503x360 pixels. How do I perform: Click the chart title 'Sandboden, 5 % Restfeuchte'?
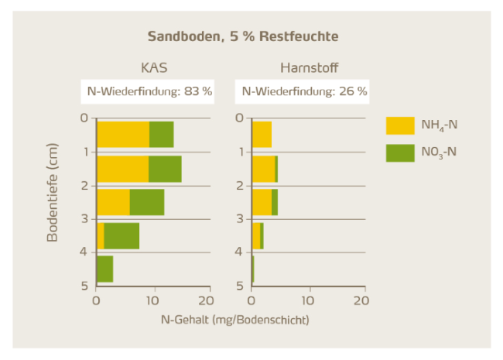243,36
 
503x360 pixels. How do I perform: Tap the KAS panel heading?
154,67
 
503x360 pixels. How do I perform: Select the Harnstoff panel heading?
310,67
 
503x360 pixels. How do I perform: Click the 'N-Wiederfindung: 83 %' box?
148,91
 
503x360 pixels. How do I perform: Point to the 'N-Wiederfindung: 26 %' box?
304,91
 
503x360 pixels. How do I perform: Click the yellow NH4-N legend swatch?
400,126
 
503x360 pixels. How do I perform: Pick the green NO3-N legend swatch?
400,152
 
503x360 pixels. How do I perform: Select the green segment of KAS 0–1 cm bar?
161,135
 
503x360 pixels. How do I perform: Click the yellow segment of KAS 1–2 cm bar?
122,169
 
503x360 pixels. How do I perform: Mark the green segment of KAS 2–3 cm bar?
146,202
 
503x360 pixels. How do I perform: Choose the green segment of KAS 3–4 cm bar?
121,236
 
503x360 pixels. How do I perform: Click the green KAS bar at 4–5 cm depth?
104,269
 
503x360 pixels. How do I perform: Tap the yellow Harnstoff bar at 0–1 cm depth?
262,135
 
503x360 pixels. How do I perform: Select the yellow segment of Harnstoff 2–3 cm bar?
262,202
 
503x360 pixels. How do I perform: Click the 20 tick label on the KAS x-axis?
205,300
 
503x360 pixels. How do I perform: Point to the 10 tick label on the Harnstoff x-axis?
310,300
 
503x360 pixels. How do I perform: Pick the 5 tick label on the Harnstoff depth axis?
240,286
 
